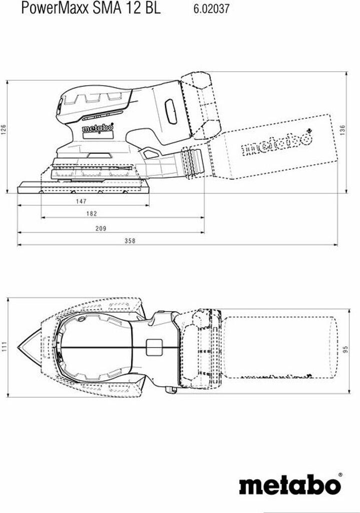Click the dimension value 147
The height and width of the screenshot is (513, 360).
[81, 201]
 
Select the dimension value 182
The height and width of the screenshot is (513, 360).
[92, 213]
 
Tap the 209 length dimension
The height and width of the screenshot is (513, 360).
[101, 228]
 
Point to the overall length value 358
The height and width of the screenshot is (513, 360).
[130, 241]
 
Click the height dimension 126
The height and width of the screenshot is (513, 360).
[4, 129]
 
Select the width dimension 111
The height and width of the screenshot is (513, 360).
[4, 347]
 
